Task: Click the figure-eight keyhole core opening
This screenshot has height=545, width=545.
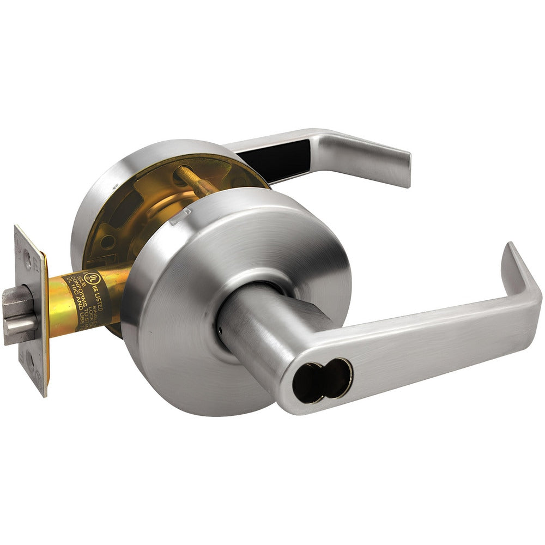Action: [322, 380]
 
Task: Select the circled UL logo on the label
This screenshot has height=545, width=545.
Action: [93, 276]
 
